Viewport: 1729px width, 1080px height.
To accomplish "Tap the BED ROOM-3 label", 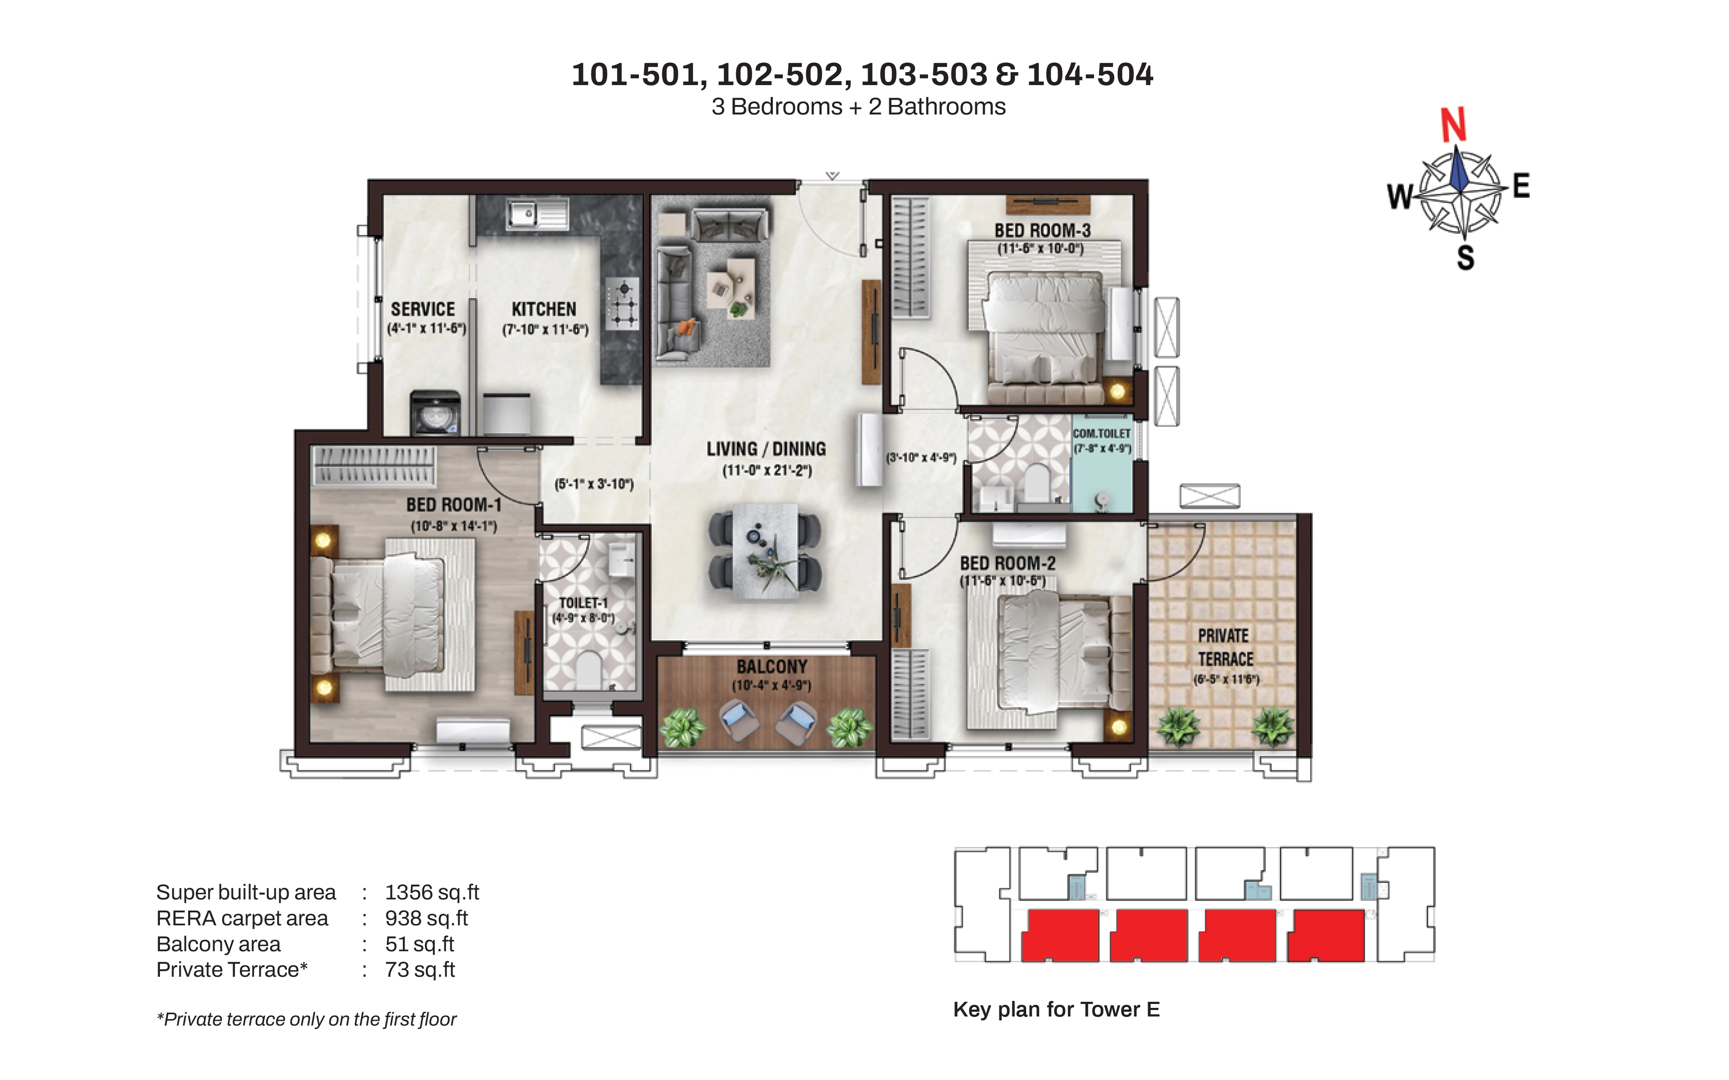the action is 1043,231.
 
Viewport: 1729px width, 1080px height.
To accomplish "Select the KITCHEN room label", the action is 544,309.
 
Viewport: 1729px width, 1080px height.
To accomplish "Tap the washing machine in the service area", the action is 435,413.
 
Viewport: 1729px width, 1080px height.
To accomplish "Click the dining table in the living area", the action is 765,550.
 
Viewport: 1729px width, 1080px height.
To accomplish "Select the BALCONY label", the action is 772,667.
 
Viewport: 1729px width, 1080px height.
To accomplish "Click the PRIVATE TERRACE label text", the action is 1225,647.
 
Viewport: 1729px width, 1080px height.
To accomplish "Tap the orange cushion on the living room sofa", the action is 686,327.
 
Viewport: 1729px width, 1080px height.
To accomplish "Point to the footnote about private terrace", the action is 306,1019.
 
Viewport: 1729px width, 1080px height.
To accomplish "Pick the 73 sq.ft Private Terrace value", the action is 420,969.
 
